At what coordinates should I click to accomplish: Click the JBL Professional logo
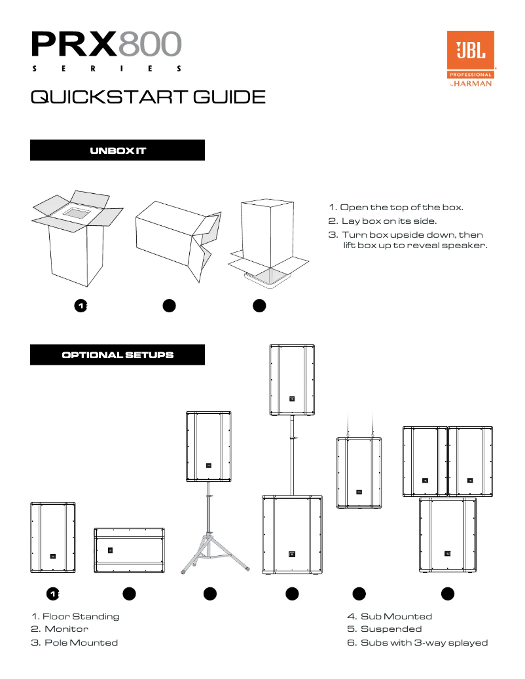click(x=470, y=58)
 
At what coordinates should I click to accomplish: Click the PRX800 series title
click(x=106, y=51)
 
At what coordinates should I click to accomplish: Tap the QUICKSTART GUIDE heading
click(x=148, y=98)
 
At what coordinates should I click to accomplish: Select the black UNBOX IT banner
click(x=118, y=151)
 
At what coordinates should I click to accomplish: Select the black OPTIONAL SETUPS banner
click(x=118, y=355)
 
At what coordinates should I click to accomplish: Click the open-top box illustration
click(x=77, y=239)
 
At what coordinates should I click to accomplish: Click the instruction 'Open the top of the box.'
click(x=396, y=207)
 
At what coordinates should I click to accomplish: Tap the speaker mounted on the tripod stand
click(x=208, y=447)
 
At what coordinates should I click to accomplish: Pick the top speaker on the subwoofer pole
click(x=292, y=379)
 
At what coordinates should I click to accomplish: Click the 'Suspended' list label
click(x=391, y=629)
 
